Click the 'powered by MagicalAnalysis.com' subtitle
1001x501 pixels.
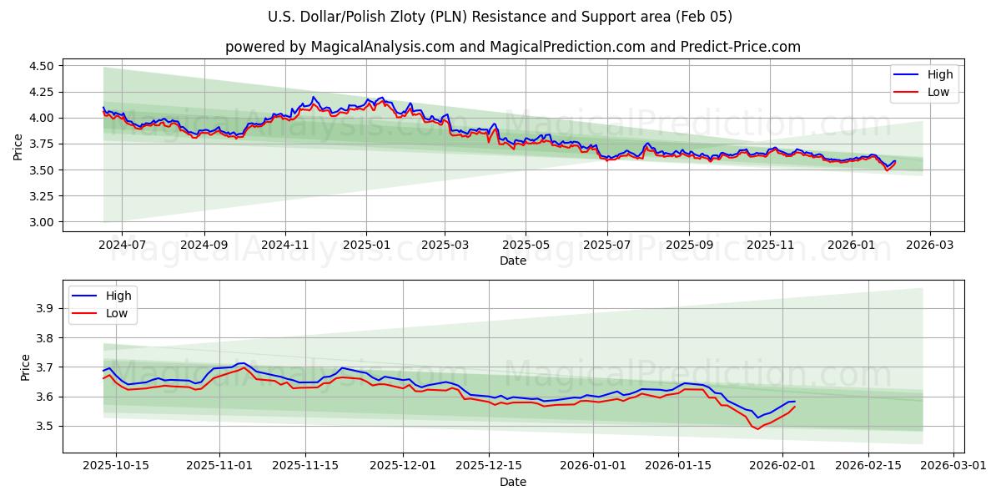click(x=512, y=47)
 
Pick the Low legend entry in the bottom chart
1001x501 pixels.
click(x=117, y=313)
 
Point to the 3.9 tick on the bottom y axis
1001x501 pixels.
click(x=45, y=309)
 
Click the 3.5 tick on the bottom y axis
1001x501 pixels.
click(x=45, y=426)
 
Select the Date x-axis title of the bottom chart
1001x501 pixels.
click(x=512, y=482)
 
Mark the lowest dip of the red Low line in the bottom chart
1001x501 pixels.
click(x=757, y=428)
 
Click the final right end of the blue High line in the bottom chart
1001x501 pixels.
click(x=795, y=402)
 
